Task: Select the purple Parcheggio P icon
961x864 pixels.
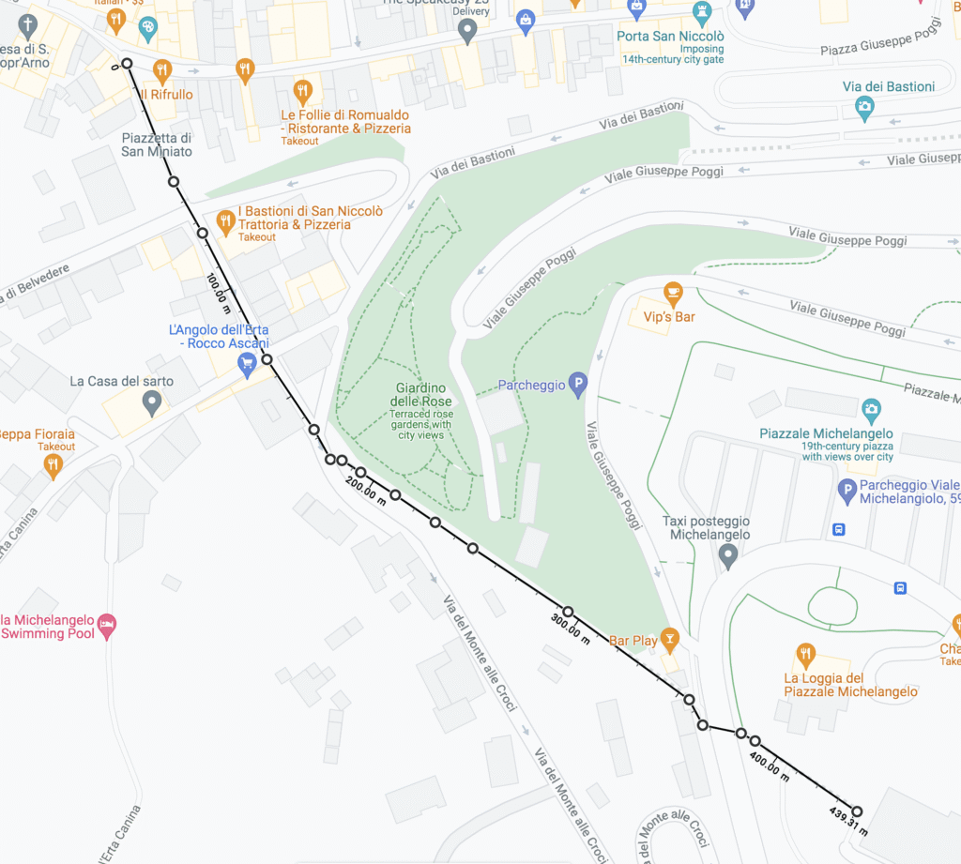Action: coord(579,385)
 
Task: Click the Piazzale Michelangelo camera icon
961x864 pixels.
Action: coord(872,410)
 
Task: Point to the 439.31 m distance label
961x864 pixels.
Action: coord(848,818)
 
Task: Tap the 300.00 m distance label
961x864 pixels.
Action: coord(570,629)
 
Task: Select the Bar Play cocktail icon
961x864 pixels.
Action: coord(669,640)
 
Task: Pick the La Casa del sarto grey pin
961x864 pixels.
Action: coord(151,404)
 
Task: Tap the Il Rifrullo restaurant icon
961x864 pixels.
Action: coord(162,69)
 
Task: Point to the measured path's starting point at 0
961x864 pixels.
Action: coord(127,63)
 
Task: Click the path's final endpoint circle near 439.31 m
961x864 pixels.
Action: coord(856,811)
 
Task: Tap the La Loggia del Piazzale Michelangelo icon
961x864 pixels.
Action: coord(804,654)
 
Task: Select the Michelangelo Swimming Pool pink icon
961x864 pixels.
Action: coord(107,626)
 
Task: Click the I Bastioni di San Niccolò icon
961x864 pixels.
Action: coord(225,223)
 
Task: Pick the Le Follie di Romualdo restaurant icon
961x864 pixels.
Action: coord(301,91)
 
